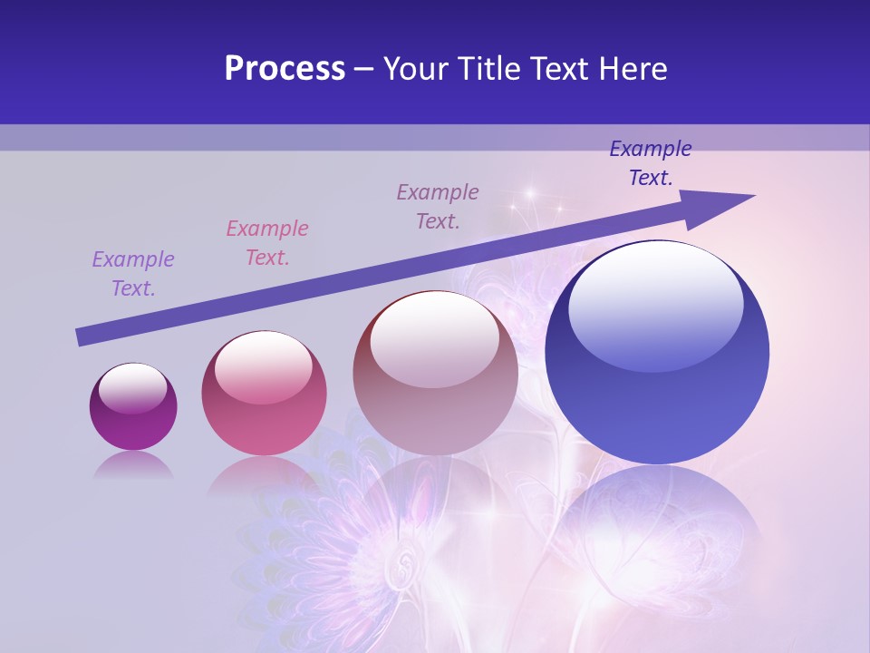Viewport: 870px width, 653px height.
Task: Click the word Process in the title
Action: [285, 69]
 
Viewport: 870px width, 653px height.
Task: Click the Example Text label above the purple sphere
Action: [133, 274]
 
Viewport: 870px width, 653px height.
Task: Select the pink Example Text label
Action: [267, 243]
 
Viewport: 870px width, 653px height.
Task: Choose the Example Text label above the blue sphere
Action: [651, 163]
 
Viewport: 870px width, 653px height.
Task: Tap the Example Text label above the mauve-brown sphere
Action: [438, 207]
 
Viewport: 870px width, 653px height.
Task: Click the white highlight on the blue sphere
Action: [656, 304]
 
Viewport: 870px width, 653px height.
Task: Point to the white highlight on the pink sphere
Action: [262, 366]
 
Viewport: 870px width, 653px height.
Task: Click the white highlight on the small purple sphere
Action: [132, 389]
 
